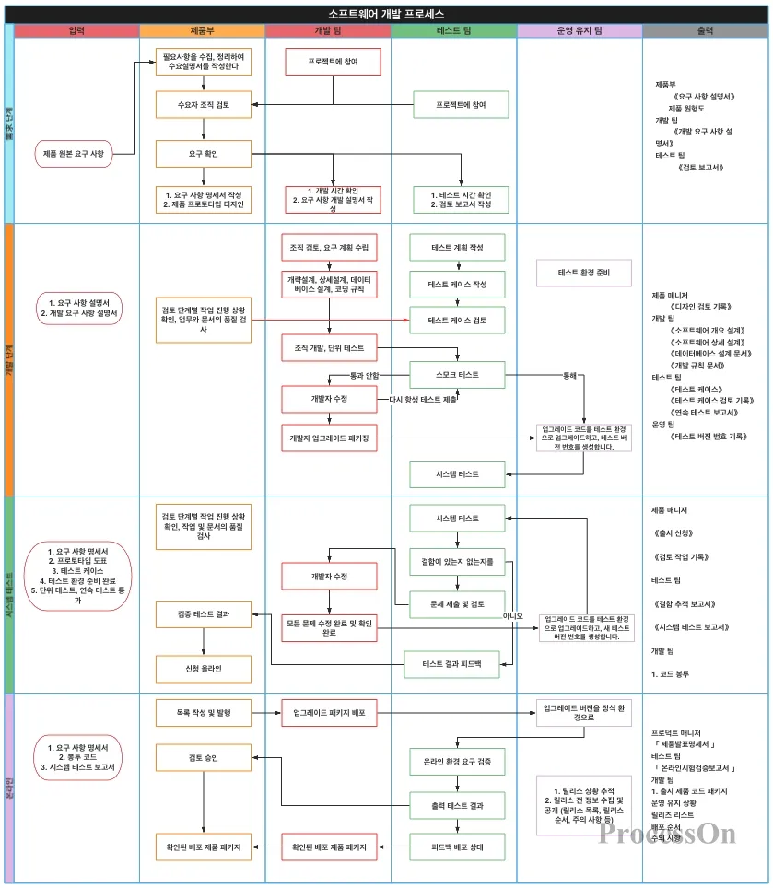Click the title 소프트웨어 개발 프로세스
[386, 13]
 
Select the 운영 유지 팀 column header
[580, 31]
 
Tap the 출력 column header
[705, 31]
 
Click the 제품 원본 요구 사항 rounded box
[74, 154]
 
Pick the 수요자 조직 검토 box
[203, 106]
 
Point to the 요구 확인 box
[203, 153]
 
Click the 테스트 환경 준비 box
[583, 273]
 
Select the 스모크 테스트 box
[457, 375]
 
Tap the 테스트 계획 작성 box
[457, 249]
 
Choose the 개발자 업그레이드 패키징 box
[329, 439]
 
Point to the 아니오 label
[512, 615]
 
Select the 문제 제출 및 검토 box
[457, 604]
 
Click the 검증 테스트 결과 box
[203, 613]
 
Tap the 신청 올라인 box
[203, 668]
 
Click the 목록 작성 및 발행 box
[203, 713]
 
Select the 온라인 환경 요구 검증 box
[457, 762]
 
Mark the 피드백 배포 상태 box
[457, 847]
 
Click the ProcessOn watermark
[667, 834]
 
